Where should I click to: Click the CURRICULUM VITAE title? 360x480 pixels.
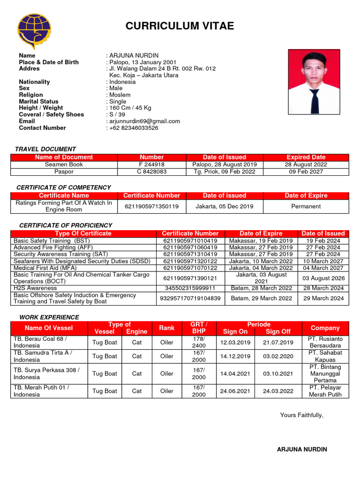coord(180,26)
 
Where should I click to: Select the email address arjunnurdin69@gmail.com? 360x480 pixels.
coord(144,121)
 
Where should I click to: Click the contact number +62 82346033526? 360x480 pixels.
coord(134,127)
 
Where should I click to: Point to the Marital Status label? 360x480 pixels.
coord(38,101)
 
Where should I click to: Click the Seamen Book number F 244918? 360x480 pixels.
coord(151,165)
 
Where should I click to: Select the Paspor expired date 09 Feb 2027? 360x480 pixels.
coord(306,172)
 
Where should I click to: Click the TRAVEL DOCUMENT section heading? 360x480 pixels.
coord(45,149)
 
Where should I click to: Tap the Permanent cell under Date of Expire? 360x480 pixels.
coord(306,206)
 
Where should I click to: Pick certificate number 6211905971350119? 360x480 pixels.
coord(151,206)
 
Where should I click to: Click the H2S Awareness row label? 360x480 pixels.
coord(35,288)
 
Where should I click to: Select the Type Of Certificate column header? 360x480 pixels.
coord(83,233)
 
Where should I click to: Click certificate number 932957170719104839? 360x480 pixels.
coord(190,298)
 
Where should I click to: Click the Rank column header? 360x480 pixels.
coord(167,328)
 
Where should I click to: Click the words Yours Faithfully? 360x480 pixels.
coord(301,415)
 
